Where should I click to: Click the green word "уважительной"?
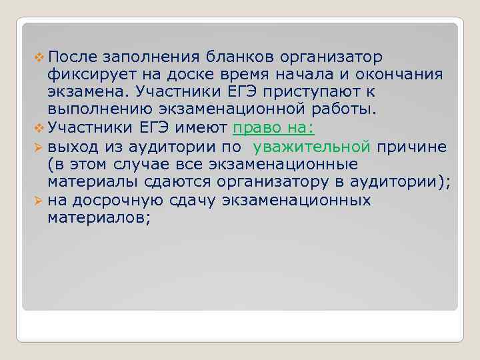coord(311,146)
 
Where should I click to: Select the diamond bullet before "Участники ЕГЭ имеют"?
coord(37,128)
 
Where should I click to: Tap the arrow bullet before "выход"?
coord(37,146)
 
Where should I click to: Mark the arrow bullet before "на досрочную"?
coord(37,199)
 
